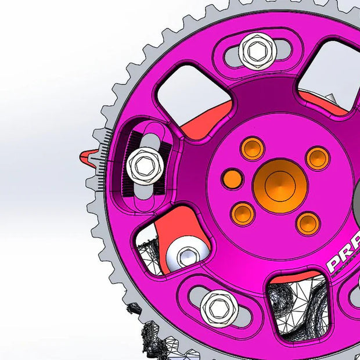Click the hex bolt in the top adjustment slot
point(257,51)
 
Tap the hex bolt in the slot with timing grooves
point(144,165)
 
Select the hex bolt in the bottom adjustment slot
point(219,308)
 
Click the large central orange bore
point(280,185)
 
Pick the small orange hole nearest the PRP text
point(307,223)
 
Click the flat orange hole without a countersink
point(232,179)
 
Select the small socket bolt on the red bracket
point(187,255)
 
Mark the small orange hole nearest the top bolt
point(253,148)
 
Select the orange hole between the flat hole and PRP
point(242,214)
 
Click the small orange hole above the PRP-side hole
point(318,158)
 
